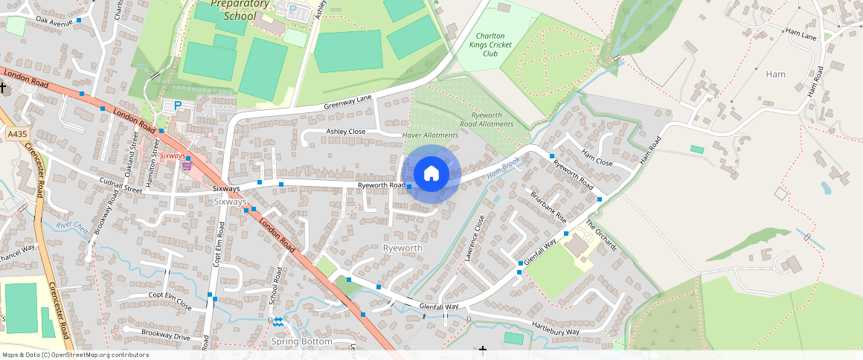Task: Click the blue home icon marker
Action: [x=431, y=174]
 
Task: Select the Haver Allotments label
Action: [x=430, y=135]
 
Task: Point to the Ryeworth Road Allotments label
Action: [x=487, y=120]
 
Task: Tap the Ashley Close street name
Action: [x=346, y=132]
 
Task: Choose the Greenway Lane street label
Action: [x=347, y=103]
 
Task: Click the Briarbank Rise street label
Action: [x=549, y=208]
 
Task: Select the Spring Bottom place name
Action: [x=301, y=341]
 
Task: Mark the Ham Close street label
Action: [x=597, y=158]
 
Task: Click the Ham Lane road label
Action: [x=801, y=33]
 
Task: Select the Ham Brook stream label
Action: [x=503, y=170]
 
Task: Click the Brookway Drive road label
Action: [x=155, y=333]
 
